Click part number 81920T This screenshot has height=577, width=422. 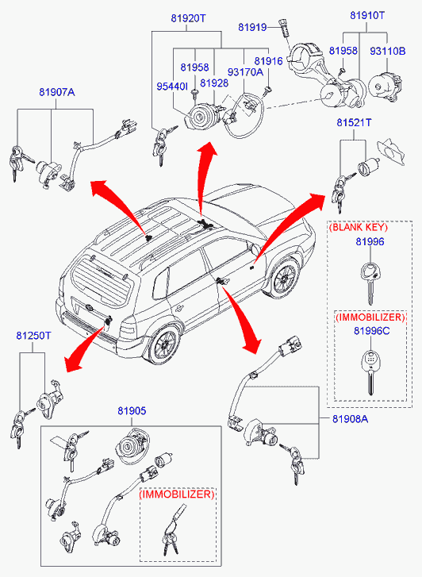(188, 18)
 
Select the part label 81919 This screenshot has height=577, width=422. (252, 27)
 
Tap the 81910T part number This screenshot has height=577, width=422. (366, 15)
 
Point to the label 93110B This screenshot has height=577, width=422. (387, 51)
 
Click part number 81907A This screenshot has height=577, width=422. (57, 92)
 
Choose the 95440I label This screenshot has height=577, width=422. (172, 86)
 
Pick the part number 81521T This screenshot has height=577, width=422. (354, 122)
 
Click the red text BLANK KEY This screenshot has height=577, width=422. (359, 227)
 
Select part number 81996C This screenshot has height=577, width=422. (371, 331)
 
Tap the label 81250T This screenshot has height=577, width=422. (33, 336)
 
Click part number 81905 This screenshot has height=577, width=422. (132, 410)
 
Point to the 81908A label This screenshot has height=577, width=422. (350, 419)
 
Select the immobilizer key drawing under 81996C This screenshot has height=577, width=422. (370, 372)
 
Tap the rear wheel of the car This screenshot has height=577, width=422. (163, 344)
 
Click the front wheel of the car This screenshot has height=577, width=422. (284, 277)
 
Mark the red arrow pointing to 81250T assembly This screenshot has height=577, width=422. (84, 348)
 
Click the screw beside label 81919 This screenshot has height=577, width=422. (285, 27)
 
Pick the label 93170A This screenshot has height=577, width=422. (245, 72)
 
